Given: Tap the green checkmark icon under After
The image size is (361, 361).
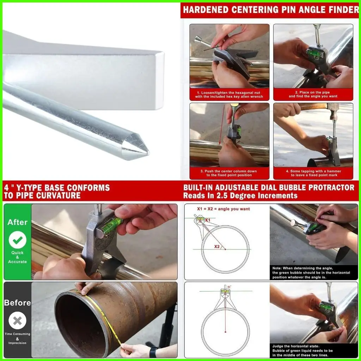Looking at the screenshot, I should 17,241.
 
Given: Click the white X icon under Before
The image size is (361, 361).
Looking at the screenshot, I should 17,321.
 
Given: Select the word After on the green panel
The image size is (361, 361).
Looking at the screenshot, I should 17,222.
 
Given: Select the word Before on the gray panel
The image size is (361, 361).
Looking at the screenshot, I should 17,302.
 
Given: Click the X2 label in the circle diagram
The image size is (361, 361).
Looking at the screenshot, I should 217,246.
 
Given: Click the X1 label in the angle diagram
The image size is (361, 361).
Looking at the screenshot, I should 208,220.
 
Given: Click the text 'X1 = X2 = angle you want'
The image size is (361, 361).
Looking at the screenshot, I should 223,209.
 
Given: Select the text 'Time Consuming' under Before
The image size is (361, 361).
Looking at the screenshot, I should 17,334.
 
